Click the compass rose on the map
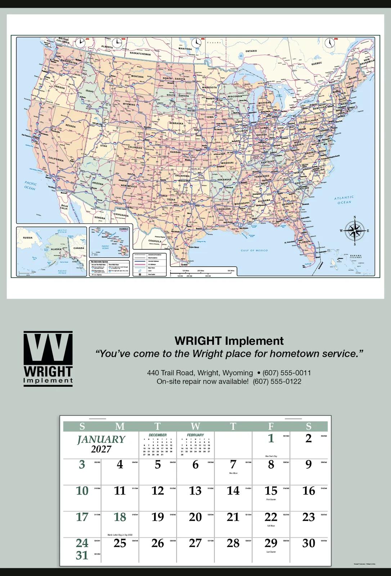[355, 231]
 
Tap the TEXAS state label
[171, 199]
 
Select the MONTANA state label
[137, 76]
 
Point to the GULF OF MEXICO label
[254, 250]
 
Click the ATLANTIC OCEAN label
[344, 200]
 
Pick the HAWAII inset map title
[123, 229]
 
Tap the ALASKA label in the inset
[56, 249]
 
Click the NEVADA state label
[70, 126]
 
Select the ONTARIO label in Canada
[251, 51]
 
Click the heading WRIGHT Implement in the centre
[229, 341]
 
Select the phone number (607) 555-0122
[277, 381]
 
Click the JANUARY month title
[101, 440]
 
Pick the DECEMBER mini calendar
[158, 445]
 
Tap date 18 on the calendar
[120, 517]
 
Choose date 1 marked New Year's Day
[271, 438]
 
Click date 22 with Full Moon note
[271, 517]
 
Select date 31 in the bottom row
[82, 555]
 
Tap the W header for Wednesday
[195, 427]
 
